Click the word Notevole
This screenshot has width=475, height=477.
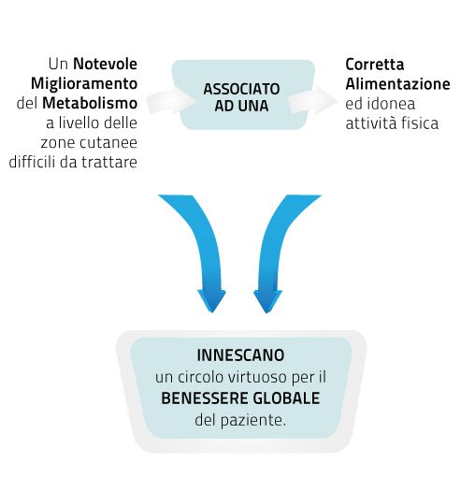tap(105, 65)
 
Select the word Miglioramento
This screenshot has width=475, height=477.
tap(84, 84)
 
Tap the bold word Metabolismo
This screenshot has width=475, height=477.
tap(90, 103)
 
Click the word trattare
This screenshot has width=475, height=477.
tap(109, 162)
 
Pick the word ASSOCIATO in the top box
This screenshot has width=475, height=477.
tap(241, 89)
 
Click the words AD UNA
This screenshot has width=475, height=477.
tap(241, 106)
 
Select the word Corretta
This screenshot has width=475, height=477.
tap(375, 65)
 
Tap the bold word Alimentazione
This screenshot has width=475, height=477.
tap(397, 84)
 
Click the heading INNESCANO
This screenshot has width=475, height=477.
tap(240, 355)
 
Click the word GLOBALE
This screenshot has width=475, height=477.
tap(286, 398)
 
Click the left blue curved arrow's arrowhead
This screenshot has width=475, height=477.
tap(212, 301)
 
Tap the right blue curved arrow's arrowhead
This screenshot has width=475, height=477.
tap(267, 301)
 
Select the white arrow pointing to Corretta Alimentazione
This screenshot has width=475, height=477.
tap(312, 100)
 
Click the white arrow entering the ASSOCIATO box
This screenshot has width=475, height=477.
tap(171, 101)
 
